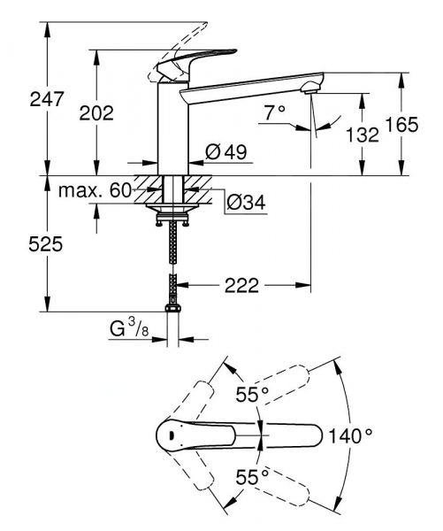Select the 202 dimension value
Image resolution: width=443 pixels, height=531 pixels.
pos(96,112)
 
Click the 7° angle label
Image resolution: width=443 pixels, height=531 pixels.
pos(275,112)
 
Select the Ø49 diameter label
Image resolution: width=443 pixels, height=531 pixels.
pos(225,152)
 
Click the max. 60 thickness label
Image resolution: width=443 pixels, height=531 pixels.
pos(95,190)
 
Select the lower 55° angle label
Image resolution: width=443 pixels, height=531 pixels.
pos(252,477)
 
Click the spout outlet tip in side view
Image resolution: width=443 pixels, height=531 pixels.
pos(309,88)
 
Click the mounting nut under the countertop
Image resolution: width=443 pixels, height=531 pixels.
pos(172,213)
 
